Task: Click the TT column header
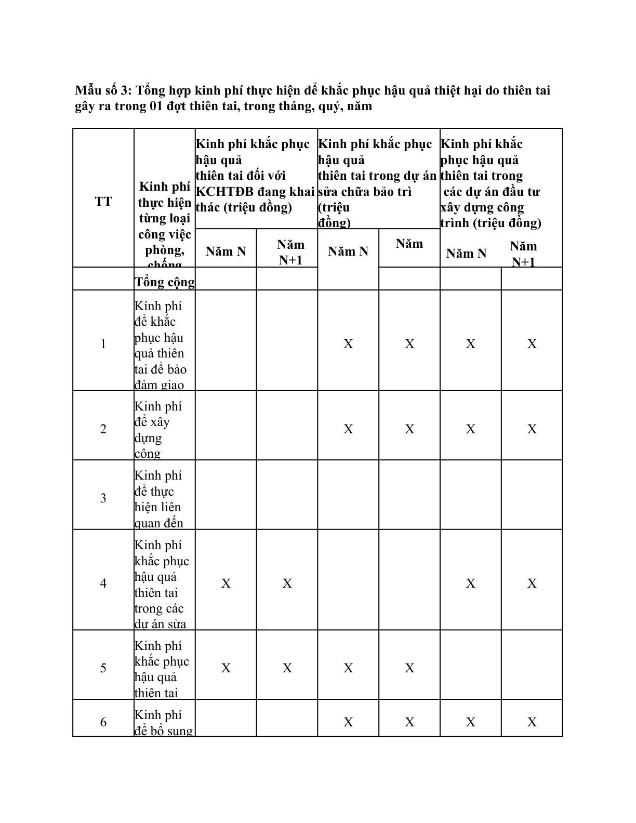(x=103, y=202)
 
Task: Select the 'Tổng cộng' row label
(x=164, y=282)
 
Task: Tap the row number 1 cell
(x=103, y=343)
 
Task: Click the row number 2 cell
(x=103, y=429)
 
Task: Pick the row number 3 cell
(x=103, y=498)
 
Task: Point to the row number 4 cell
(x=103, y=583)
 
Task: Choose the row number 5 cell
(x=103, y=668)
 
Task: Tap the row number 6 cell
(x=103, y=722)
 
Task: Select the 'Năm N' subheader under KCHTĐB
(x=226, y=251)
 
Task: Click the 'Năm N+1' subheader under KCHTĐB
(x=290, y=252)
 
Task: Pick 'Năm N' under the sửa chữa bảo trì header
(x=348, y=251)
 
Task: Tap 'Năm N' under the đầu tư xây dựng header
(x=466, y=254)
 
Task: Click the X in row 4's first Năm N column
(x=226, y=583)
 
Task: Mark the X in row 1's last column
(x=532, y=344)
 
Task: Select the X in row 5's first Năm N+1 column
(x=287, y=668)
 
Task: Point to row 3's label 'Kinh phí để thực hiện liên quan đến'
(x=158, y=499)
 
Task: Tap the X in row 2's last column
(x=532, y=429)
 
